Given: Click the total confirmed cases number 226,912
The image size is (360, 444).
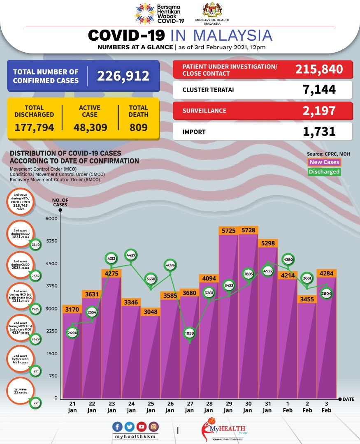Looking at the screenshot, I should coord(123,76).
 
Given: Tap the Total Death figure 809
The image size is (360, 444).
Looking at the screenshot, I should coord(138,127).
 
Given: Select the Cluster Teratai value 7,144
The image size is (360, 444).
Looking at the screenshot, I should coord(318,89).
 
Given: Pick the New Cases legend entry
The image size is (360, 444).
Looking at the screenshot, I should coord(324,162).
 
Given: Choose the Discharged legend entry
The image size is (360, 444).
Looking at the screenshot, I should coord(324,172).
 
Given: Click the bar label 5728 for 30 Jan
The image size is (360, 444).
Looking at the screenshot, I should coord(248,231).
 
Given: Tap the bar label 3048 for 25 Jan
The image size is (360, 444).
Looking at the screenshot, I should coord(151,311).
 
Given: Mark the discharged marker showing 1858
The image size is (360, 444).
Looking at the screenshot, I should coord(189,333).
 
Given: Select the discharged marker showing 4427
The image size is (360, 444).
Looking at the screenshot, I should coord(131,255).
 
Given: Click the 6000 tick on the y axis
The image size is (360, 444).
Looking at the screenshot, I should coord(51,219).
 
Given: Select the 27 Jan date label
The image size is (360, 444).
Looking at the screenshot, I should coord(189,407).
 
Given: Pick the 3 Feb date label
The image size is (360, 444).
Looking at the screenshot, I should coord(327,407).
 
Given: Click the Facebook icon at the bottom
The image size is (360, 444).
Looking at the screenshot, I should coord(117,426).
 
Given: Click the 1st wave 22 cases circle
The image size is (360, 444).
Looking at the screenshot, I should coord(20,392).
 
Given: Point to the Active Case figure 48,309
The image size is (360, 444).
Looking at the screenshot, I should coord(91,127).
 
